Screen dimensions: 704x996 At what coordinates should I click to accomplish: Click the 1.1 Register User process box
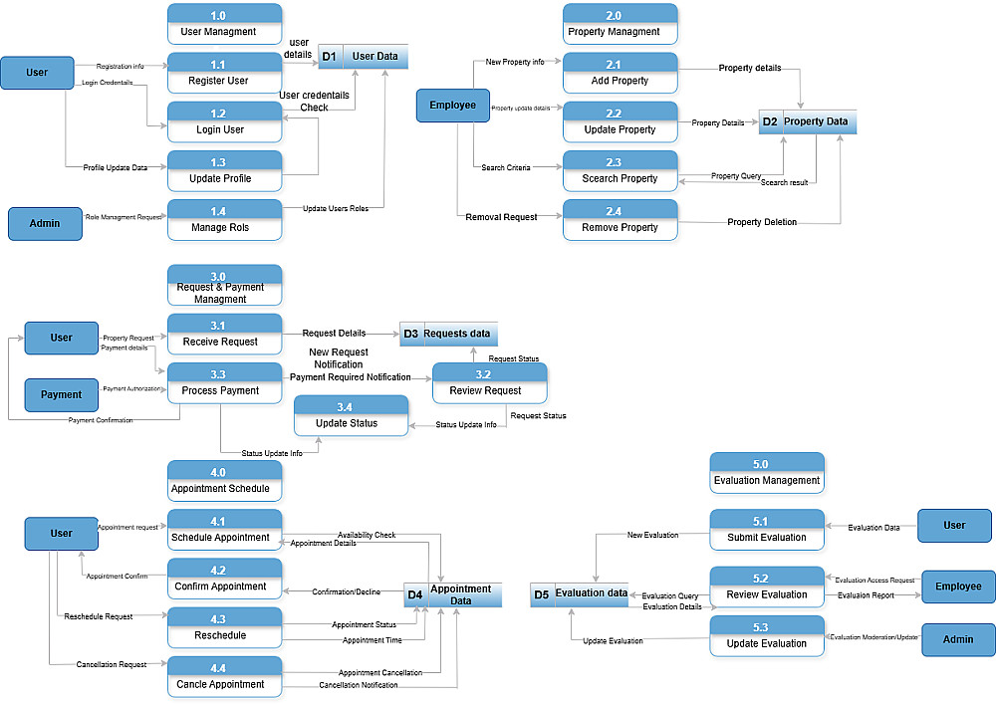click(x=224, y=73)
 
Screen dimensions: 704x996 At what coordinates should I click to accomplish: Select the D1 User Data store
click(x=363, y=57)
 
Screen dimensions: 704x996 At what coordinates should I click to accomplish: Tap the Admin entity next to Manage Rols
click(x=44, y=224)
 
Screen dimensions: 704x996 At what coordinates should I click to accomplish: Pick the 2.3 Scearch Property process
click(x=620, y=171)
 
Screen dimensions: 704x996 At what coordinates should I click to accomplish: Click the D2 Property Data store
click(x=807, y=121)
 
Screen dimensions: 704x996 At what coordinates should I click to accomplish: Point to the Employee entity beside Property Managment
click(x=452, y=106)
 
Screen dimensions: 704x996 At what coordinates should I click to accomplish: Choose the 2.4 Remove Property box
click(x=620, y=220)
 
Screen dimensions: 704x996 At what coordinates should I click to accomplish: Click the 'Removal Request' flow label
click(x=501, y=217)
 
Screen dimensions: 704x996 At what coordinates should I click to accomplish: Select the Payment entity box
click(x=61, y=394)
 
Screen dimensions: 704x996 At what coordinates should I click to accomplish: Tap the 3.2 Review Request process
click(x=489, y=383)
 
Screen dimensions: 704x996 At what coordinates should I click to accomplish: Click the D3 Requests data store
click(x=448, y=334)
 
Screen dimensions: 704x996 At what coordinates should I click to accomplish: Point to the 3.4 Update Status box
click(x=351, y=416)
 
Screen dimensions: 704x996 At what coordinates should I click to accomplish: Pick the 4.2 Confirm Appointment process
click(x=224, y=579)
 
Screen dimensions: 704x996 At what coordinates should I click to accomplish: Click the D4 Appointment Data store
click(x=452, y=594)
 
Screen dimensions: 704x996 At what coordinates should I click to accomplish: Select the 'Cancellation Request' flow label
click(x=112, y=664)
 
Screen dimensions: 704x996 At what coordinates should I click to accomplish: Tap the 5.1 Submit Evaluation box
click(x=766, y=530)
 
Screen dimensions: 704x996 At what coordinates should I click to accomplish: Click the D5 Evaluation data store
click(x=579, y=594)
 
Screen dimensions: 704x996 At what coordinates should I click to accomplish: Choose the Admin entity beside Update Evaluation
click(x=958, y=639)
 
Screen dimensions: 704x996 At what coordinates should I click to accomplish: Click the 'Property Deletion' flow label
click(x=762, y=222)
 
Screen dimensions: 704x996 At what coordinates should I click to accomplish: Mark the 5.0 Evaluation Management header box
click(x=766, y=473)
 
